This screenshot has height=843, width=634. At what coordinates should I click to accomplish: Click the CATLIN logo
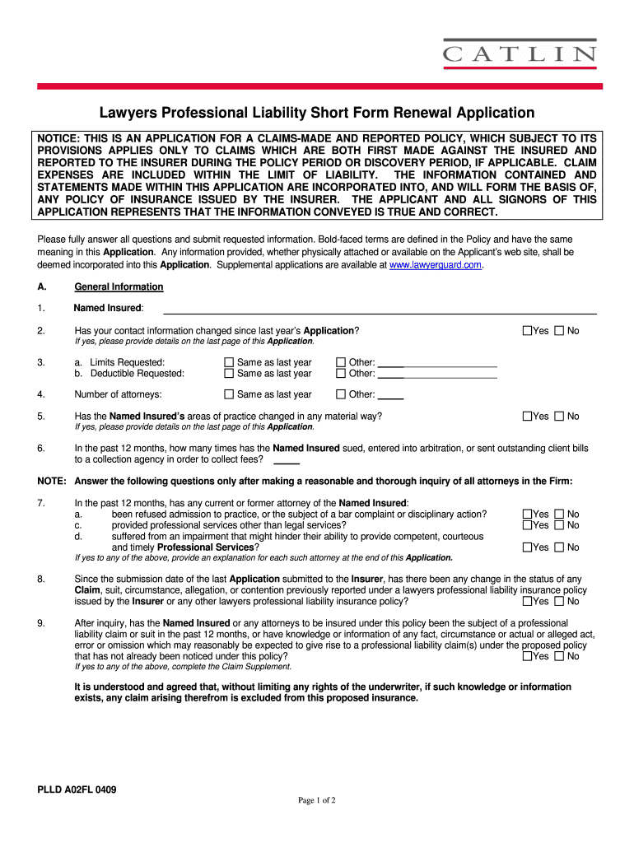coord(520,54)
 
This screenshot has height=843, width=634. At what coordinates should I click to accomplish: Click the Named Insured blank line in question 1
coord(379,310)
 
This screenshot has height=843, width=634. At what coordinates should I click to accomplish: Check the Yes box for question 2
coord(528,331)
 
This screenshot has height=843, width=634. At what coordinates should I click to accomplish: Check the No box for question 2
coord(560,331)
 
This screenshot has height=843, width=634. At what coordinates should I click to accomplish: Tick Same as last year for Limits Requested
coord(230,363)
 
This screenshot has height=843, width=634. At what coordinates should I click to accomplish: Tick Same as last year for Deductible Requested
coord(230,374)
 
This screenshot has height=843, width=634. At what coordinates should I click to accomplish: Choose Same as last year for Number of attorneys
coord(230,394)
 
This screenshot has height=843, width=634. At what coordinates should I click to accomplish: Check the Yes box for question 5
coord(528,417)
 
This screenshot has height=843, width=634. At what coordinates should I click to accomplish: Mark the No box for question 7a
coord(560,515)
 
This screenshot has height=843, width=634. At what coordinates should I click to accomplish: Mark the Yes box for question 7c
coord(528,525)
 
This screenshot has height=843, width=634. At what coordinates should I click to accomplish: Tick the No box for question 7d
coord(560,547)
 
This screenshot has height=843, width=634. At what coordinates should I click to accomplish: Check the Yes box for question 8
coord(528,601)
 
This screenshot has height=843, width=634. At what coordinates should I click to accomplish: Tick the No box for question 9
coord(560,656)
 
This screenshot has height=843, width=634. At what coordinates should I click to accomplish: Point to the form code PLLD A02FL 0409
coord(77,790)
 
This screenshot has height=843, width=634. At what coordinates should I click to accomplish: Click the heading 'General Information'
coord(119,286)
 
